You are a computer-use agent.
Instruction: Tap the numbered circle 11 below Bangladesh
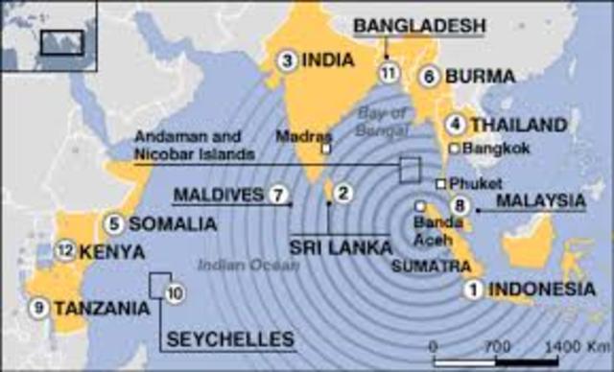(388, 73)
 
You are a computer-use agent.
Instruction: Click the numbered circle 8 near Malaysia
(460, 203)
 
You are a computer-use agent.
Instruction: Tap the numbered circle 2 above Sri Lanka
(340, 194)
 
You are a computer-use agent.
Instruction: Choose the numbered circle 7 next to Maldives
(279, 195)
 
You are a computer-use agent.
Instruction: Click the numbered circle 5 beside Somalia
(114, 224)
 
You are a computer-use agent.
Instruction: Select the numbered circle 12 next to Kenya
(64, 252)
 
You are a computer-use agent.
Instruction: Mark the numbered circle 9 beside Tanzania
(39, 308)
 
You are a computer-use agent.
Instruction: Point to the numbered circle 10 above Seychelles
(174, 293)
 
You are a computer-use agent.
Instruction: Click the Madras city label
(295, 136)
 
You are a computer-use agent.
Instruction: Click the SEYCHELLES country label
(230, 338)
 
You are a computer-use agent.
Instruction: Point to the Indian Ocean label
(235, 265)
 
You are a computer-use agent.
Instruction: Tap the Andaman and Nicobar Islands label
(195, 145)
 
